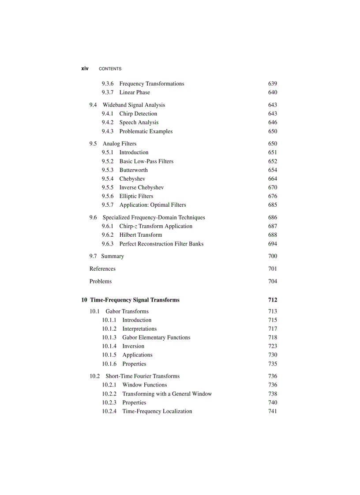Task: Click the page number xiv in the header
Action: tap(85, 68)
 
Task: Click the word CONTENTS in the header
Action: tap(110, 69)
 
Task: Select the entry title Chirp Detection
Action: tap(138, 114)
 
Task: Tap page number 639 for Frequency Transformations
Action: tap(273, 84)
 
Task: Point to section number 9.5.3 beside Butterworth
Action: tap(107, 170)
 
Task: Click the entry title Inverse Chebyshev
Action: tap(141, 187)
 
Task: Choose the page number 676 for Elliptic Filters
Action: tap(273, 196)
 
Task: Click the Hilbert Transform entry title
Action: tap(140, 235)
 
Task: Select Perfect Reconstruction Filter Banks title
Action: tap(161, 244)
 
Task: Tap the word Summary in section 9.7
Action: tap(112, 256)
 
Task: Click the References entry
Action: tap(102, 269)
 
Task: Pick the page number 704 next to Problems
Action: tap(273, 281)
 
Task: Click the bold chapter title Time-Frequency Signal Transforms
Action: tap(135, 300)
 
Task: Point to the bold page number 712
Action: tap(273, 300)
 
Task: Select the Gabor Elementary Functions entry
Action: tap(156, 338)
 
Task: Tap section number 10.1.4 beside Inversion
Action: tap(109, 346)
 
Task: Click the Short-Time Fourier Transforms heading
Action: tap(142, 376)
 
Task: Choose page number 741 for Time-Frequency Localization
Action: tap(273, 411)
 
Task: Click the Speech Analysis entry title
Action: tap(139, 123)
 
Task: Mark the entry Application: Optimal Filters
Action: tap(153, 205)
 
